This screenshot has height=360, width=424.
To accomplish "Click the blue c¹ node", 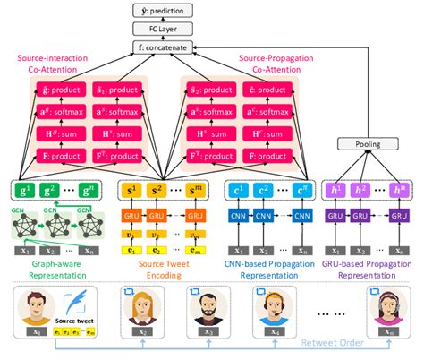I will (237, 190).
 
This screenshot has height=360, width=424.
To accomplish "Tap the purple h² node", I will (361, 190).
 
